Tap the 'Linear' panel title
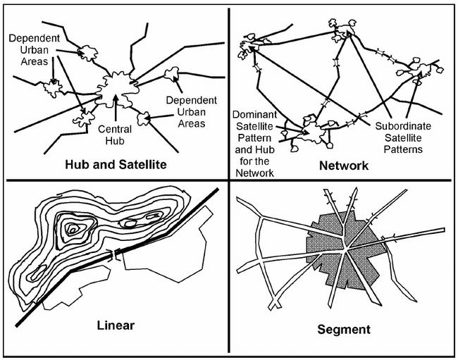tap(116, 325)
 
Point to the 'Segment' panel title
tap(344, 329)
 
